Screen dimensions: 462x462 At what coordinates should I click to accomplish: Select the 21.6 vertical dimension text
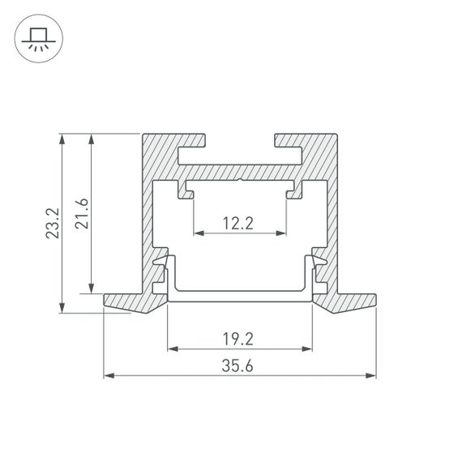coord(81,212)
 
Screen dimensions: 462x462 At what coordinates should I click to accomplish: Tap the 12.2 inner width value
coord(240,224)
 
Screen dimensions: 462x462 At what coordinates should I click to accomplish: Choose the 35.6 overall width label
coord(240,366)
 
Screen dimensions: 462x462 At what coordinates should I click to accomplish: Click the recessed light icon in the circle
coord(37,37)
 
